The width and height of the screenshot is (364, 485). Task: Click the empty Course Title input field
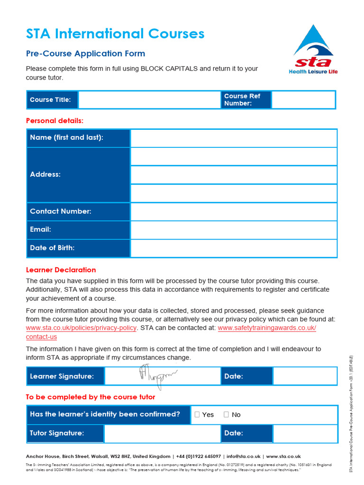coord(149,100)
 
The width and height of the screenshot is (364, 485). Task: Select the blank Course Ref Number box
coord(303,100)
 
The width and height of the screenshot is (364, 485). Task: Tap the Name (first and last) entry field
coord(234,138)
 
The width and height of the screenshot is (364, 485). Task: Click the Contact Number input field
coord(234,212)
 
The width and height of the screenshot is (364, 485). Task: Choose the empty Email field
coord(234,230)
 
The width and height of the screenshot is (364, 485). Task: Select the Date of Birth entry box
coord(234,248)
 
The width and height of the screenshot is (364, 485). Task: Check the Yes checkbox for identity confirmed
coord(198,414)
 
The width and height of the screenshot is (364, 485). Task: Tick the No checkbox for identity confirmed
coord(226,414)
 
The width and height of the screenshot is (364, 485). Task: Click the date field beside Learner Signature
coord(305,376)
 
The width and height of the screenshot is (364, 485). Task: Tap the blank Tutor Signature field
coord(162,433)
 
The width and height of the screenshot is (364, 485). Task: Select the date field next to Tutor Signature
coord(305,433)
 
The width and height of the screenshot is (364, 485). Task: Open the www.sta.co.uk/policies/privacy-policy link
coord(81,328)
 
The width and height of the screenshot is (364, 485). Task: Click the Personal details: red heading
coord(55,121)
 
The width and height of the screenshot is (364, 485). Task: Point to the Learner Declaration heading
coord(61,270)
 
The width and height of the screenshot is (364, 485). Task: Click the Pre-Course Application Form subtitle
coord(85,54)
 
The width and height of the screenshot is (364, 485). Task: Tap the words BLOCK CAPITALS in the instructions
coord(169,69)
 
